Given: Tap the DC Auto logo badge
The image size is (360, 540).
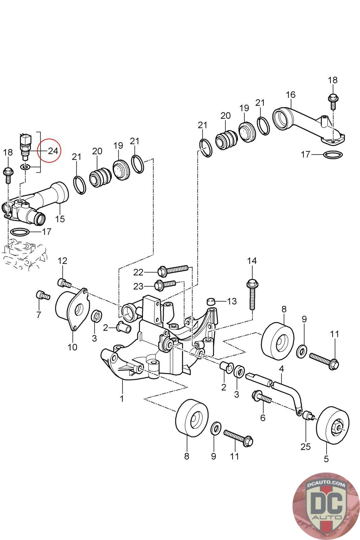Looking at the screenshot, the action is (326, 506).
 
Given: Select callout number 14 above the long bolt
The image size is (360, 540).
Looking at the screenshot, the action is (252, 261).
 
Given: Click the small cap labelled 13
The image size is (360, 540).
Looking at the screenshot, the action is (211, 302).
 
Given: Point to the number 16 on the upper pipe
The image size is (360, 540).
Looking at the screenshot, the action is (290, 95).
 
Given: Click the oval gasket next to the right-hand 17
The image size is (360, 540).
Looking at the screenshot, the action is (333, 155).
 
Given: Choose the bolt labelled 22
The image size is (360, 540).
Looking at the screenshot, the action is (172, 270).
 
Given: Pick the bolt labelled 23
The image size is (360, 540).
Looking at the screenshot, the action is (166, 285).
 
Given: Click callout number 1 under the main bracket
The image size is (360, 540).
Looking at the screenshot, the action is (122, 398).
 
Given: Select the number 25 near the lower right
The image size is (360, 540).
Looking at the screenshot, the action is (305, 447).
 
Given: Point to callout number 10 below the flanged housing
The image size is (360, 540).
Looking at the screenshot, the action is (72, 347).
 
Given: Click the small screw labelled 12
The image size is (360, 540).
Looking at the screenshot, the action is (64, 283).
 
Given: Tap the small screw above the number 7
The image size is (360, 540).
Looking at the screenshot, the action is (43, 295).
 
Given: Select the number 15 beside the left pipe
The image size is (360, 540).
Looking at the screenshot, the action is (60, 219).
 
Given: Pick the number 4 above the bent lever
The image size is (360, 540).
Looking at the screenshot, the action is (281, 375).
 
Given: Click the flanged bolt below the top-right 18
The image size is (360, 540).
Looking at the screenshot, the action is (333, 102).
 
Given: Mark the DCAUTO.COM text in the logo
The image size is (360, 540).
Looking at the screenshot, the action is (326, 484).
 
